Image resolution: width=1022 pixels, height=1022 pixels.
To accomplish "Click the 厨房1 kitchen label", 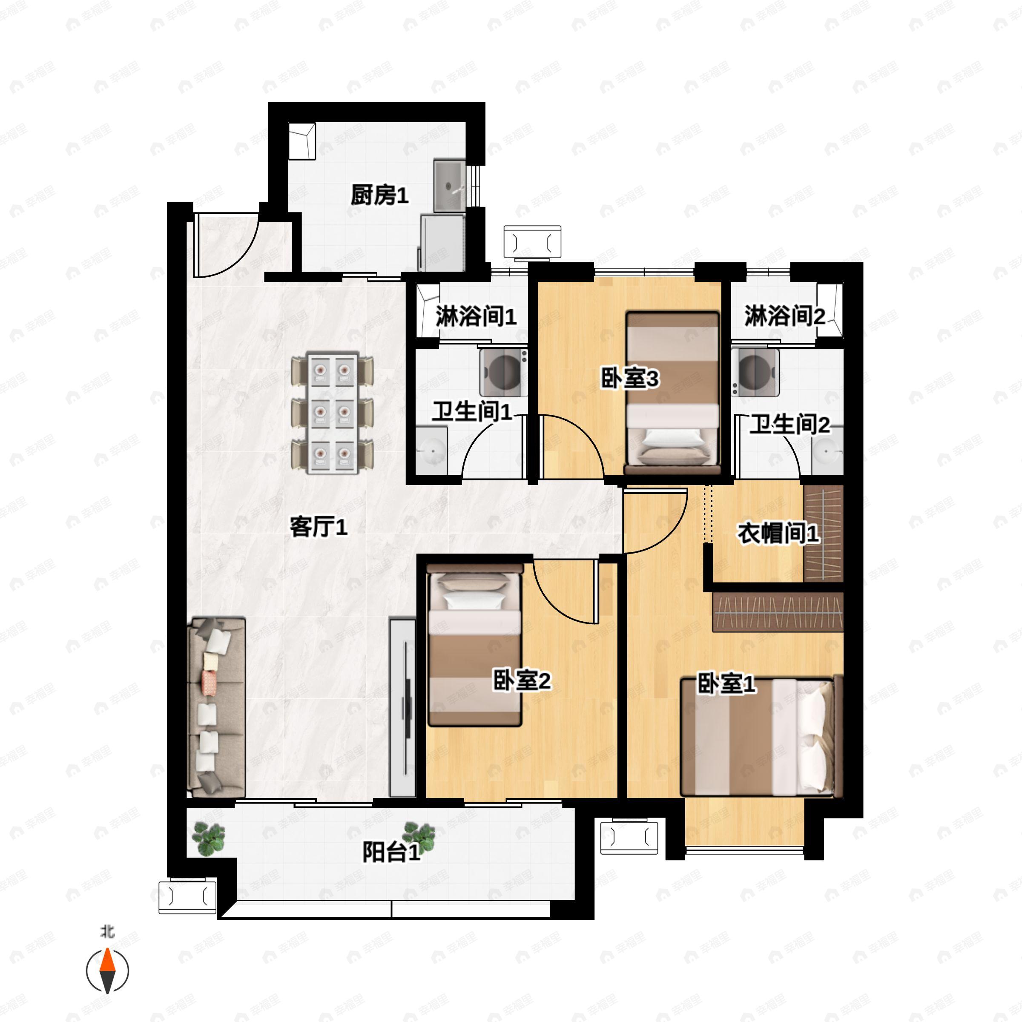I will (x=379, y=195).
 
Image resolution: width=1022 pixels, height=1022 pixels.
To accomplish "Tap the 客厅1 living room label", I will (x=318, y=526).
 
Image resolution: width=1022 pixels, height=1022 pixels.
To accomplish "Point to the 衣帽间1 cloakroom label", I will (x=778, y=533).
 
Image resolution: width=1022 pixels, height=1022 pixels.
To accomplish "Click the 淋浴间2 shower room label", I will (x=784, y=316).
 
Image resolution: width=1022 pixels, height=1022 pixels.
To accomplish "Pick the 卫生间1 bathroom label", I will (x=472, y=411).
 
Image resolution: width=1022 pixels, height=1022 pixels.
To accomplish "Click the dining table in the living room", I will (x=332, y=413).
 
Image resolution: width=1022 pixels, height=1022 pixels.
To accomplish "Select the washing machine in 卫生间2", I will (x=755, y=371).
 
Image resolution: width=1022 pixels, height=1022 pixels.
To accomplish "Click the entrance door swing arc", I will (x=227, y=249).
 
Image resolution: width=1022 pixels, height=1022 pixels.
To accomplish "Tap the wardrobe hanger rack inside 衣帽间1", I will (x=823, y=534).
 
